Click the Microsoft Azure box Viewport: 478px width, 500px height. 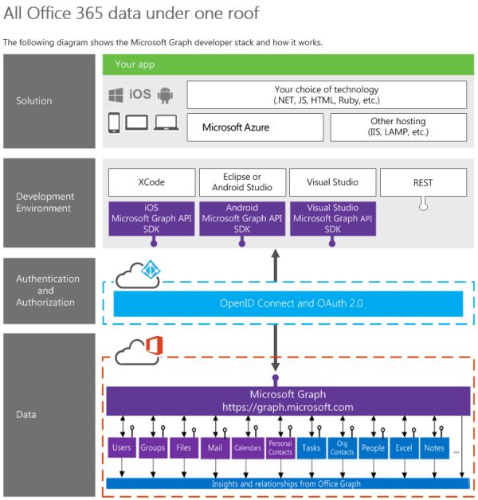[255, 127]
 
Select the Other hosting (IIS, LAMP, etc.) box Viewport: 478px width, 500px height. [398, 127]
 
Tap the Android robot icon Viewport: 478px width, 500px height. [165, 95]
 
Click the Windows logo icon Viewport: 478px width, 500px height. [116, 95]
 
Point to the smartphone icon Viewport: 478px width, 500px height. [114, 123]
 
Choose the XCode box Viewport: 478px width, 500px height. [151, 182]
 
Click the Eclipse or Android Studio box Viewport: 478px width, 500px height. [242, 182]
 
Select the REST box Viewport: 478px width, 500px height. [423, 182]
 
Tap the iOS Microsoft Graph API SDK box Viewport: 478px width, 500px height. [151, 219]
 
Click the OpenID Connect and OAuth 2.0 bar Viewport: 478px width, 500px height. [288, 303]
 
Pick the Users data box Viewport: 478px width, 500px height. [122, 447]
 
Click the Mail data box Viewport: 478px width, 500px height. [215, 448]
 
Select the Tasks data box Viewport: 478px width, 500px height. [311, 448]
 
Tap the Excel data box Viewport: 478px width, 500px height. [404, 448]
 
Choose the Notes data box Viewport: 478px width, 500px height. [434, 448]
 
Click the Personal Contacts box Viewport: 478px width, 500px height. [280, 448]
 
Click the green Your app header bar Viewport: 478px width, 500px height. [288, 64]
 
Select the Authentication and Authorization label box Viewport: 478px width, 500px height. [49, 291]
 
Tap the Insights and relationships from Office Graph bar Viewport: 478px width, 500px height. [288, 483]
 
